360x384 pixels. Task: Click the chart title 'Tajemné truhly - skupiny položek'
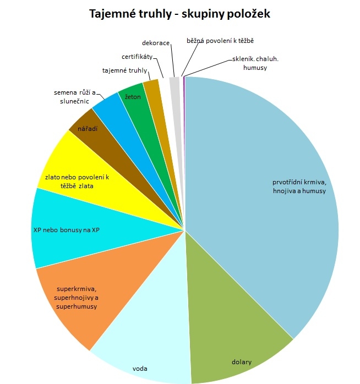[179, 13]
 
